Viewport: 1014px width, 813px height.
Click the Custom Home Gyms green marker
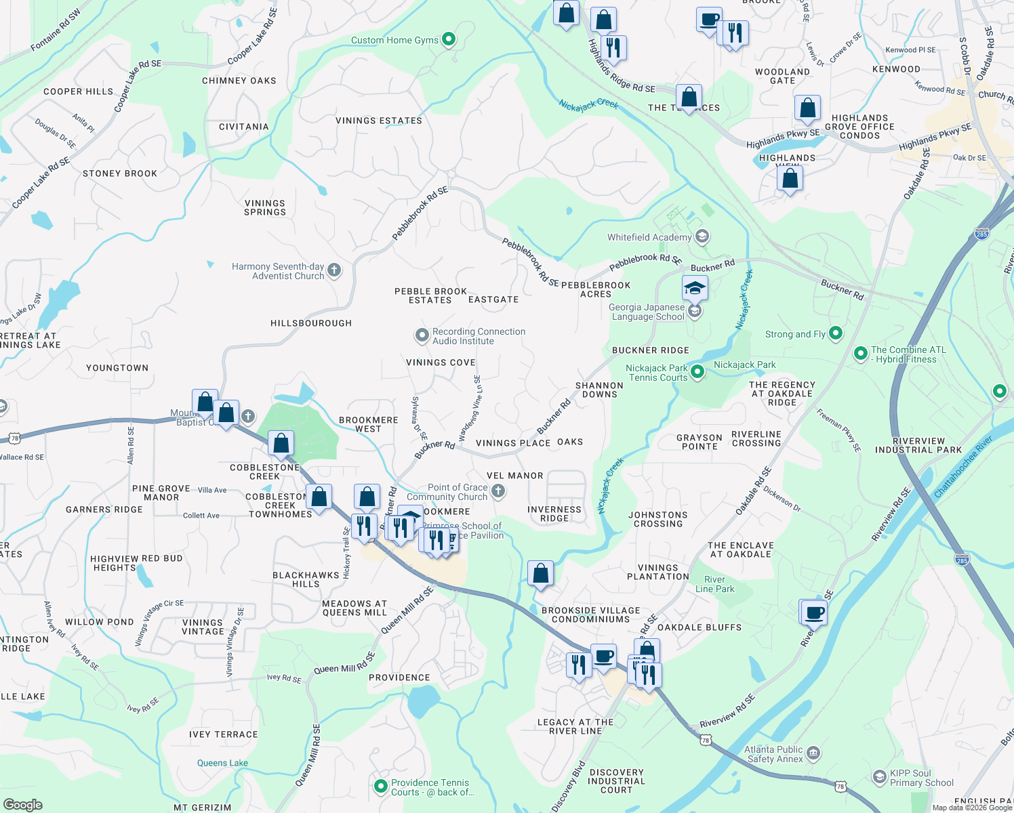(449, 40)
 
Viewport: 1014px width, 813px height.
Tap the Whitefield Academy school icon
(702, 237)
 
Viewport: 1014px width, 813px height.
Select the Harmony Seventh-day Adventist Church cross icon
(333, 271)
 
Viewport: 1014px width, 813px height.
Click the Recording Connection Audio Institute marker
(422, 336)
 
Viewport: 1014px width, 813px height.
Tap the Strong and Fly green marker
(836, 333)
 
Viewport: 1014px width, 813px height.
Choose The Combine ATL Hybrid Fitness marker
(860, 354)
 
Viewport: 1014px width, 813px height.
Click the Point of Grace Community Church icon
(498, 491)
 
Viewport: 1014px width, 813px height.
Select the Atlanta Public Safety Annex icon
(813, 753)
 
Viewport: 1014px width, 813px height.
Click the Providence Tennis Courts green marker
(381, 787)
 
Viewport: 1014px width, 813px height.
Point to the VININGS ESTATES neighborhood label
(379, 121)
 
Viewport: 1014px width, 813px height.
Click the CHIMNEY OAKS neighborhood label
(239, 81)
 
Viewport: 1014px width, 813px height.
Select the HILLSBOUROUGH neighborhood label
(311, 323)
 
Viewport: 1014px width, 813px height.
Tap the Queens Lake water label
(222, 763)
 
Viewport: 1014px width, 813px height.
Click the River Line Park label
(714, 584)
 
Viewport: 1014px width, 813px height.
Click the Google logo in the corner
(22, 804)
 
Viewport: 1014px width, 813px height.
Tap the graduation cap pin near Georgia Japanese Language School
(695, 289)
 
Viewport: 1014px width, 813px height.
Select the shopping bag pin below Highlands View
(790, 180)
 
